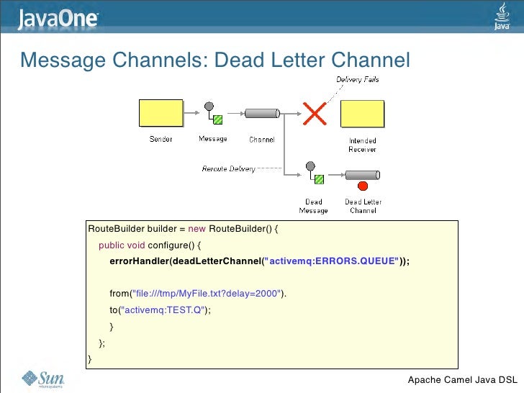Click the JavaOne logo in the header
58,18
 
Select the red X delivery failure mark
313,112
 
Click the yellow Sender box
161,114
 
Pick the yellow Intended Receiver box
362,114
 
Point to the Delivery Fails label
358,79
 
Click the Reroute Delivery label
228,168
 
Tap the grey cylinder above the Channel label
261,113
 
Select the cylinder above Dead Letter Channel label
362,176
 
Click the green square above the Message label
217,119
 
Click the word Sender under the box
161,139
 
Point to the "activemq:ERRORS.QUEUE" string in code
331,261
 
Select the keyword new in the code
197,229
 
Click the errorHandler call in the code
138,261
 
